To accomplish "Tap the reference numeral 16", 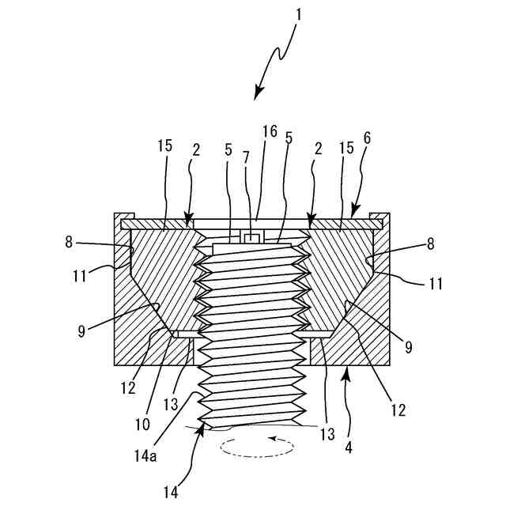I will point(270,131).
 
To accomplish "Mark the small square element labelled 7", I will point(253,238).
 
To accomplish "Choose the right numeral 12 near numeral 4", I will point(398,410).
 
